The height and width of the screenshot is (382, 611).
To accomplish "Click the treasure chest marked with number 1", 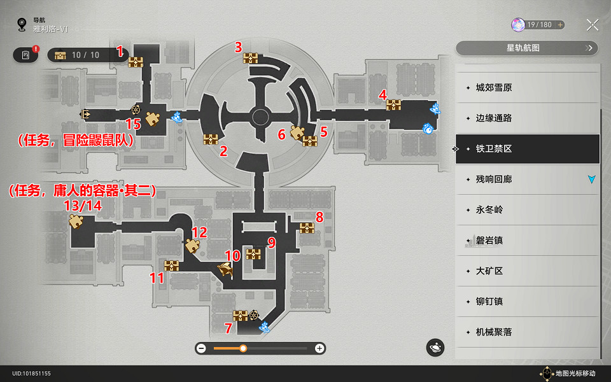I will (x=136, y=62).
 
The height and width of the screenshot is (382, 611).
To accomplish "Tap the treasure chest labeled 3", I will (x=250, y=58).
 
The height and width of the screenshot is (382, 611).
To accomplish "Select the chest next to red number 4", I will (x=393, y=105).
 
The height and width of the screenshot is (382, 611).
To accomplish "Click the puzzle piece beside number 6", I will (x=297, y=132).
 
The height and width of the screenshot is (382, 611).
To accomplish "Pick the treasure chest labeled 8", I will (x=307, y=227).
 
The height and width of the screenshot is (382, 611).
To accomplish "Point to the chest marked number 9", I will (x=254, y=254).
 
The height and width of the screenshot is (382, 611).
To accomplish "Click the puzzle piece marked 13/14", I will (x=76, y=221).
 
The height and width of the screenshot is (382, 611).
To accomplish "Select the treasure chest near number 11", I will (x=172, y=265).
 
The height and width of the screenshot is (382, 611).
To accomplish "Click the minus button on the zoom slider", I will (x=201, y=348).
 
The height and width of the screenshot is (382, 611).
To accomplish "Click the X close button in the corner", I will (x=592, y=25).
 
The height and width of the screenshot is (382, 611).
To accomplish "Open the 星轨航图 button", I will (x=527, y=48).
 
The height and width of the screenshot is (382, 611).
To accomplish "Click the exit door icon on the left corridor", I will (x=85, y=113).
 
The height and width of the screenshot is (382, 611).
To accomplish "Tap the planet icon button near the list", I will (x=435, y=348).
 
